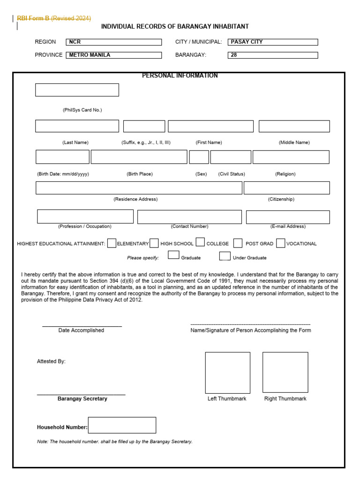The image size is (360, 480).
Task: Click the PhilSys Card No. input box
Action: click(77, 90)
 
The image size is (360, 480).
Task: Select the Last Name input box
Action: click(77, 126)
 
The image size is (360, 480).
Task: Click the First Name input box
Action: click(210, 126)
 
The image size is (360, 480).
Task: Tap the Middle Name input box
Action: click(294, 126)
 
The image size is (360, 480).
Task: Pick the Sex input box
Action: click(199, 157)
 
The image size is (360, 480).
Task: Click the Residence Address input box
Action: click(139, 187)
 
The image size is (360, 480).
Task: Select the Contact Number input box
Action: click(189, 217)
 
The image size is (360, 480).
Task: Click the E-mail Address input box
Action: click(287, 217)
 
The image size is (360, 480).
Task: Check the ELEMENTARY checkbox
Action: click(112, 243)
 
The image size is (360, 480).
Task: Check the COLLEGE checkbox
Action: click(200, 242)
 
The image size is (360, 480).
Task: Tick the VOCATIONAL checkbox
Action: click(280, 243)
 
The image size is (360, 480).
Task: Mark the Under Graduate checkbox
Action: click(225, 256)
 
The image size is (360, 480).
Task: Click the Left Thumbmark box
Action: click(227, 373)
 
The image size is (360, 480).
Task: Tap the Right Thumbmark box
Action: click(285, 373)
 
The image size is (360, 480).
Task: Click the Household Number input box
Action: click(122, 425)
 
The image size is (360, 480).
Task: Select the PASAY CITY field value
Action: click(272, 42)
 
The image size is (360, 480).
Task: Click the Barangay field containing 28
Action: click(272, 55)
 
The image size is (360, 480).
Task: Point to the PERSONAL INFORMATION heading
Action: click(180, 75)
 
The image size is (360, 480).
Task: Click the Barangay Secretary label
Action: click(82, 399)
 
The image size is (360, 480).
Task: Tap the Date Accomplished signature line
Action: click(82, 326)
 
